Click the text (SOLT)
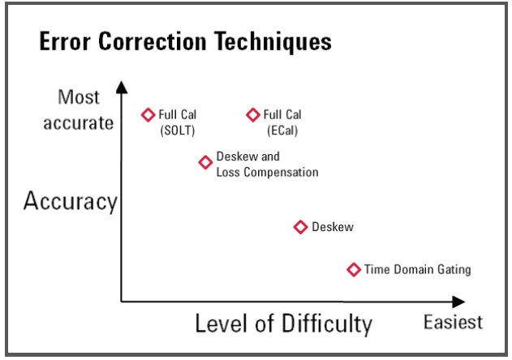click(178, 131)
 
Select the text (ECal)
click(282, 131)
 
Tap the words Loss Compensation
click(268, 173)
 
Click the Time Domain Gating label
click(418, 269)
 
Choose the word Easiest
click(454, 322)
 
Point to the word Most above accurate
click(79, 97)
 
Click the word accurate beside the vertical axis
click(79, 123)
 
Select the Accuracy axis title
click(71, 201)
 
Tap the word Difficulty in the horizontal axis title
click(327, 324)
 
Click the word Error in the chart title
click(65, 41)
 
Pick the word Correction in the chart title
click(153, 41)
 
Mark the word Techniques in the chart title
click(273, 42)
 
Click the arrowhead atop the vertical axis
click(122, 87)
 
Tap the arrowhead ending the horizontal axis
click(458, 302)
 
